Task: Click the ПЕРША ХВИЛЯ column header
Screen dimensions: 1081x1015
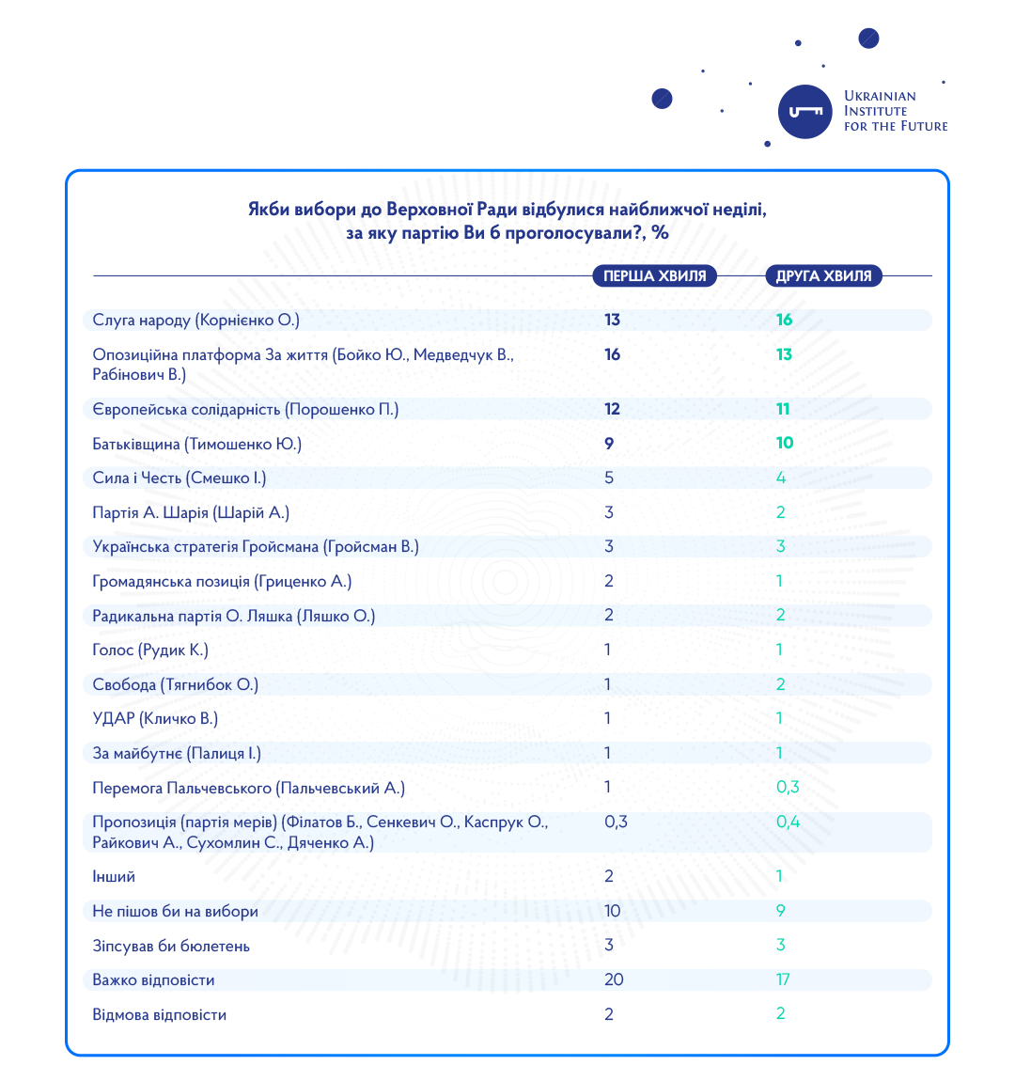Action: pos(654,276)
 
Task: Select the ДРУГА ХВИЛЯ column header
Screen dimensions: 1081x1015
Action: pos(823,276)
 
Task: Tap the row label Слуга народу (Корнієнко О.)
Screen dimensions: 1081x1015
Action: pos(195,321)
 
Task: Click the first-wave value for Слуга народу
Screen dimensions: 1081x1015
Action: pos(612,321)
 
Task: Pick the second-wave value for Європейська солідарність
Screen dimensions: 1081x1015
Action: pos(784,409)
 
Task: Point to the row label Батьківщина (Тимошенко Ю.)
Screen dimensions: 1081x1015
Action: pos(196,444)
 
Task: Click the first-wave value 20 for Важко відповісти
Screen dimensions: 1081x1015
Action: pos(614,979)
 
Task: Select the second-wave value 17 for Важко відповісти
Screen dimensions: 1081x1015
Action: pos(783,979)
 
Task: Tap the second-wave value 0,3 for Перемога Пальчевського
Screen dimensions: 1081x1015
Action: pos(788,788)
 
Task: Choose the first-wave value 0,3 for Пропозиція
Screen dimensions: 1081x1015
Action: pos(616,822)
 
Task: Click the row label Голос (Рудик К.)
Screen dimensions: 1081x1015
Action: pos(150,650)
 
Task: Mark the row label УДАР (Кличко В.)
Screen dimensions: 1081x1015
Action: pos(155,719)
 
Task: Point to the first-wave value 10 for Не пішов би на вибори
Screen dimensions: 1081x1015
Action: pos(613,911)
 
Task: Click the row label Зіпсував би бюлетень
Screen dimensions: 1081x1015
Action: pos(171,946)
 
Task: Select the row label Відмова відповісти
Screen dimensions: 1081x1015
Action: pos(159,1015)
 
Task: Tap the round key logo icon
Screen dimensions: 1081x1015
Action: pos(805,112)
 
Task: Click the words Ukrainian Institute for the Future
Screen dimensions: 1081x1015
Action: pos(895,111)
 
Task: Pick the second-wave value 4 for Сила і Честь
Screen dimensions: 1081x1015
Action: pos(780,478)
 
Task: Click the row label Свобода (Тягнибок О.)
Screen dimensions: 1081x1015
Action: pos(175,684)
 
